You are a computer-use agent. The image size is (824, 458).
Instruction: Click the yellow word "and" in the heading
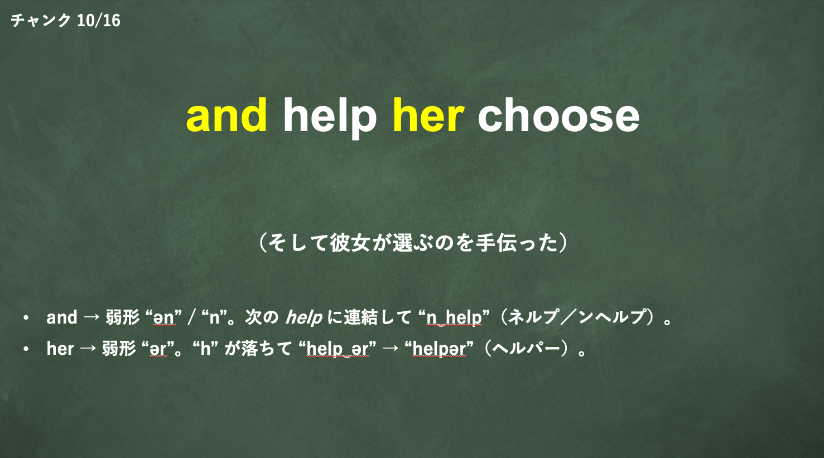227,115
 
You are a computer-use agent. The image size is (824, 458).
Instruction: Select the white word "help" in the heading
330,118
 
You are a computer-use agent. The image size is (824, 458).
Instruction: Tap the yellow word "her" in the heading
428,115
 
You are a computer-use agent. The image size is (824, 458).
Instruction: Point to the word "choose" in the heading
559,115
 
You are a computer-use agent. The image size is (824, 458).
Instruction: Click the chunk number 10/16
99,20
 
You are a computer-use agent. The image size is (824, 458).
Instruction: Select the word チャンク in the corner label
41,20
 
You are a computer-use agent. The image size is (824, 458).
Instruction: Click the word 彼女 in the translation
350,243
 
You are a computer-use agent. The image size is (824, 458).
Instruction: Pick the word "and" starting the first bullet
62,317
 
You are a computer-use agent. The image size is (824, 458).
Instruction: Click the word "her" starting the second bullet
60,348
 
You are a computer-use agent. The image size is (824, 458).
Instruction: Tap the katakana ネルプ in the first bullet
532,317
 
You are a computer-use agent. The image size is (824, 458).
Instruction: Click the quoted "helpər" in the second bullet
439,349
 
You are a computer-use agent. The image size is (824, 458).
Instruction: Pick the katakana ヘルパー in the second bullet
526,348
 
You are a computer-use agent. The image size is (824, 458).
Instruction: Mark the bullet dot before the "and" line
26,317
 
